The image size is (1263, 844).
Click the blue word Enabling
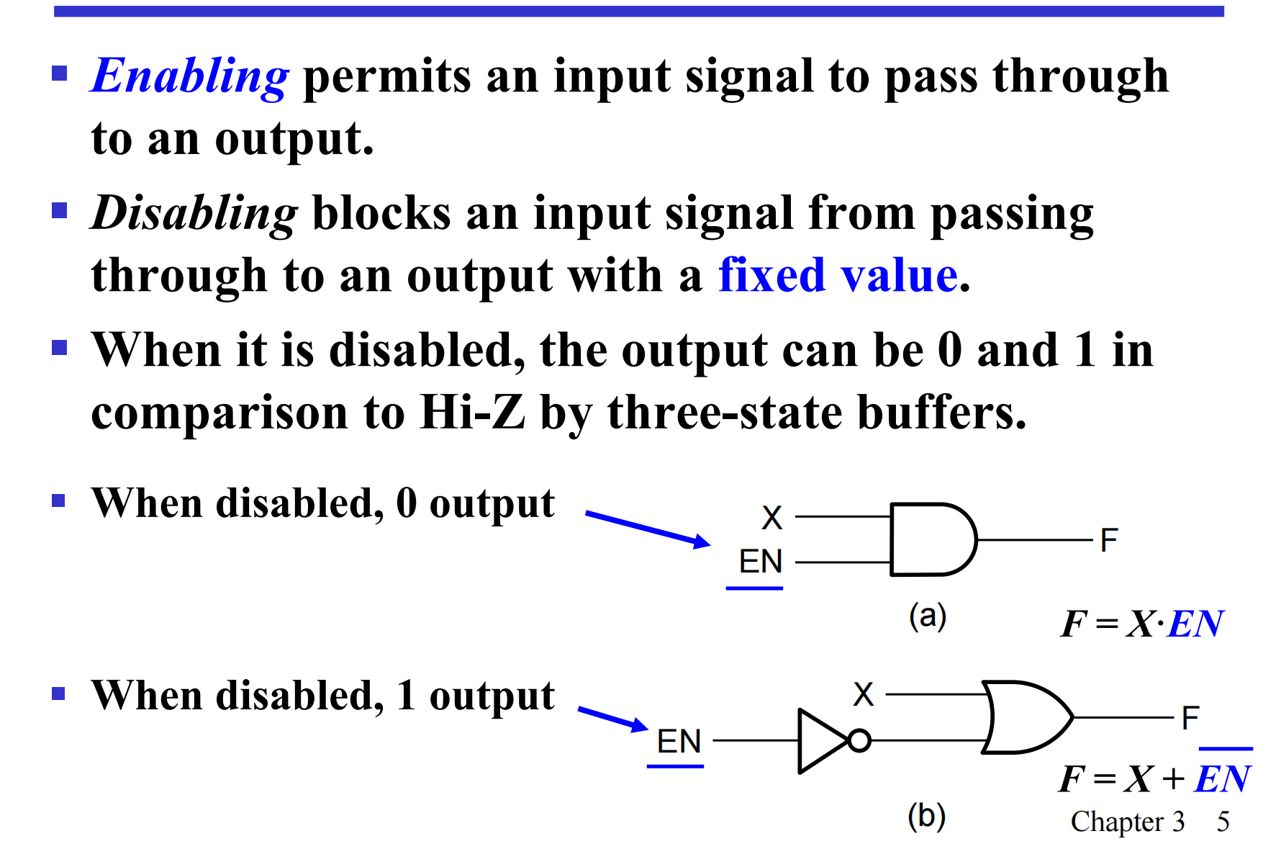coord(190,76)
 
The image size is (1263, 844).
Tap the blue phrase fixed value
coord(838,276)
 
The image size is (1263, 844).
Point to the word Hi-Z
coord(472,413)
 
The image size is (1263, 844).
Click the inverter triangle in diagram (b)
coord(821,741)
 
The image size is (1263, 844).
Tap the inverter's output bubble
coord(859,741)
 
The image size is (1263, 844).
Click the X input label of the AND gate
coord(771,518)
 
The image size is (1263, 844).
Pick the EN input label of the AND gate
coord(761,562)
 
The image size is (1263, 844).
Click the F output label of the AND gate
coord(1109,539)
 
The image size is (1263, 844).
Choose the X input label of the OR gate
coord(863,694)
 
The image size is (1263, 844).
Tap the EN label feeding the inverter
coord(679,742)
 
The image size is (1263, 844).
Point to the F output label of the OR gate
coord(1191,717)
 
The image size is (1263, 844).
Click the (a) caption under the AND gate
coord(927,616)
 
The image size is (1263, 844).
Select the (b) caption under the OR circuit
coord(926,817)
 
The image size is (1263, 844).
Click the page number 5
coord(1223,822)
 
